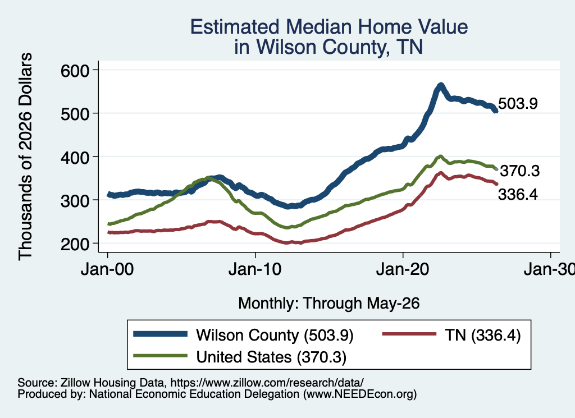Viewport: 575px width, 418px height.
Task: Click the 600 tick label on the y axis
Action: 75,71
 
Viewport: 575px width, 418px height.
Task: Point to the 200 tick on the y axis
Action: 75,244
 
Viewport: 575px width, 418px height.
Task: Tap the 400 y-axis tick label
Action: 75,158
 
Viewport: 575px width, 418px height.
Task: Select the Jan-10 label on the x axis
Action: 255,270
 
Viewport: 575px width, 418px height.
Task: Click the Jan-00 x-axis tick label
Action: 107,270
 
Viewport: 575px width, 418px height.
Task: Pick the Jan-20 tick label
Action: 403,270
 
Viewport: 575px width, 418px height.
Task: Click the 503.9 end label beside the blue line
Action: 518,104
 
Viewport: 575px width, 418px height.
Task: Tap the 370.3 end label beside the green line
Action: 520,171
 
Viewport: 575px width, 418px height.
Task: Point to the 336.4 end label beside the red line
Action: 518,195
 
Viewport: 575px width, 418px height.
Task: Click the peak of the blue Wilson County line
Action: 441,85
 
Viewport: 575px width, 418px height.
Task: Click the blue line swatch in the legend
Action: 160,334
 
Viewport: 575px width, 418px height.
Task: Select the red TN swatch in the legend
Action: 409,334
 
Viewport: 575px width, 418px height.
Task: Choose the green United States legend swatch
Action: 160,355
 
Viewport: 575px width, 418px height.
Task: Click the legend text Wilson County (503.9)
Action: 275,335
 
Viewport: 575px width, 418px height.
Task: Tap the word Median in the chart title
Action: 318,27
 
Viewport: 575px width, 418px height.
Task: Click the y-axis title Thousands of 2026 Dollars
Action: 25,157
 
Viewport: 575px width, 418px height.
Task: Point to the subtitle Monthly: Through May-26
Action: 329,304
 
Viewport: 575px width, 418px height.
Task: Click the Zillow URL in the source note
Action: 267,383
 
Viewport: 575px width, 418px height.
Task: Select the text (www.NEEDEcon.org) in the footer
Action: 360,394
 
